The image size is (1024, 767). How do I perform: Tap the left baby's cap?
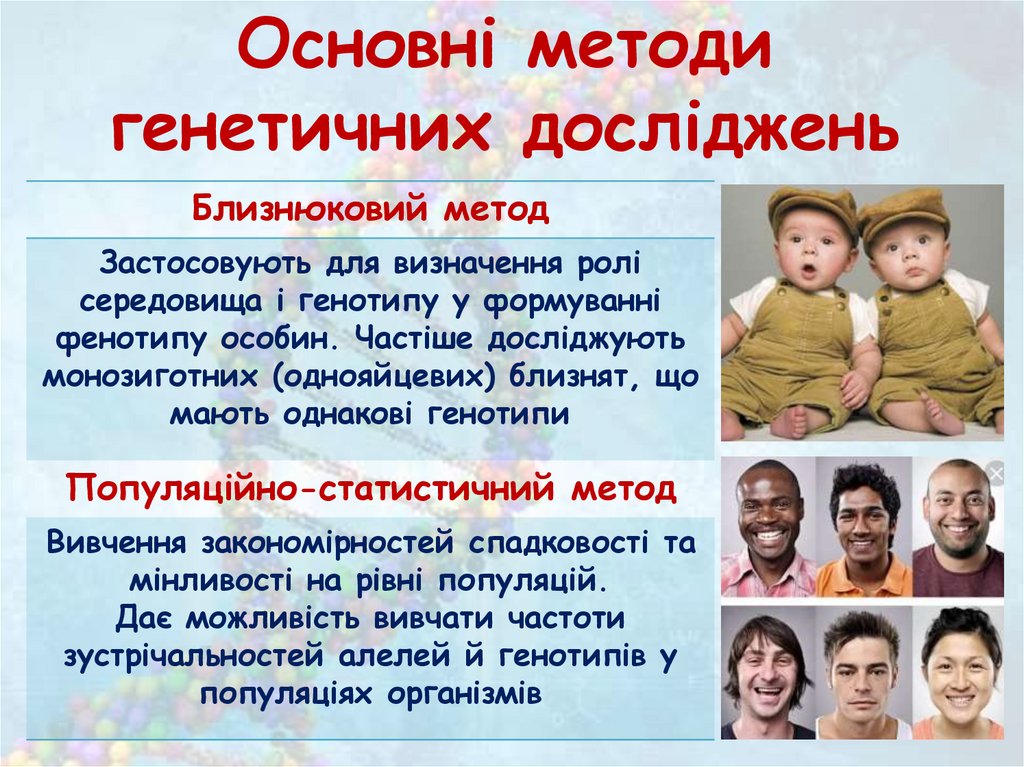coord(812,205)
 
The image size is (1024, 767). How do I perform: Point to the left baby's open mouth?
coord(807,272)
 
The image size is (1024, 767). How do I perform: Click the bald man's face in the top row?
coord(958,510)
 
